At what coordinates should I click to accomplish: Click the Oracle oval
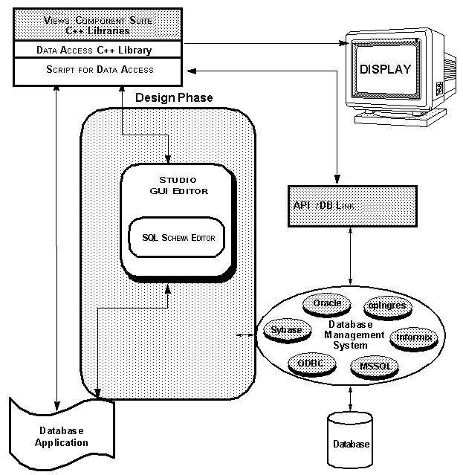[x=327, y=303]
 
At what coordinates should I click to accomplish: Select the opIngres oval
[x=384, y=306]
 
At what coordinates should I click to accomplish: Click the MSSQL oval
[x=374, y=366]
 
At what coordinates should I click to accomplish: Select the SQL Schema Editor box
[x=178, y=238]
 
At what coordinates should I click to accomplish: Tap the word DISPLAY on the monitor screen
[x=385, y=70]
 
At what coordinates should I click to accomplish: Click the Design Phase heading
[x=174, y=97]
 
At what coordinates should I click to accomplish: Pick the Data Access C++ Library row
[x=94, y=51]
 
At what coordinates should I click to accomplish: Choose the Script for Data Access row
[x=94, y=70]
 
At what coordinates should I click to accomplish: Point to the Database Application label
[x=61, y=436]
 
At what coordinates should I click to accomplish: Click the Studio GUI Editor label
[x=178, y=186]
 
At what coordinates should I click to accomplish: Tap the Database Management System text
[x=355, y=335]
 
